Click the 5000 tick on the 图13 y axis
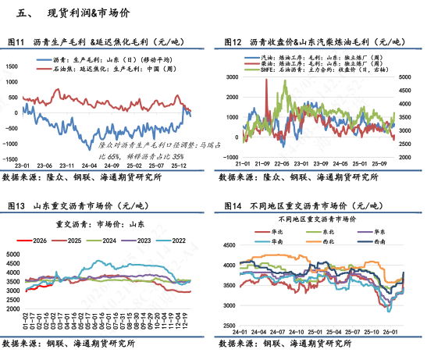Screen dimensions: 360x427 (x=12, y=255)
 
